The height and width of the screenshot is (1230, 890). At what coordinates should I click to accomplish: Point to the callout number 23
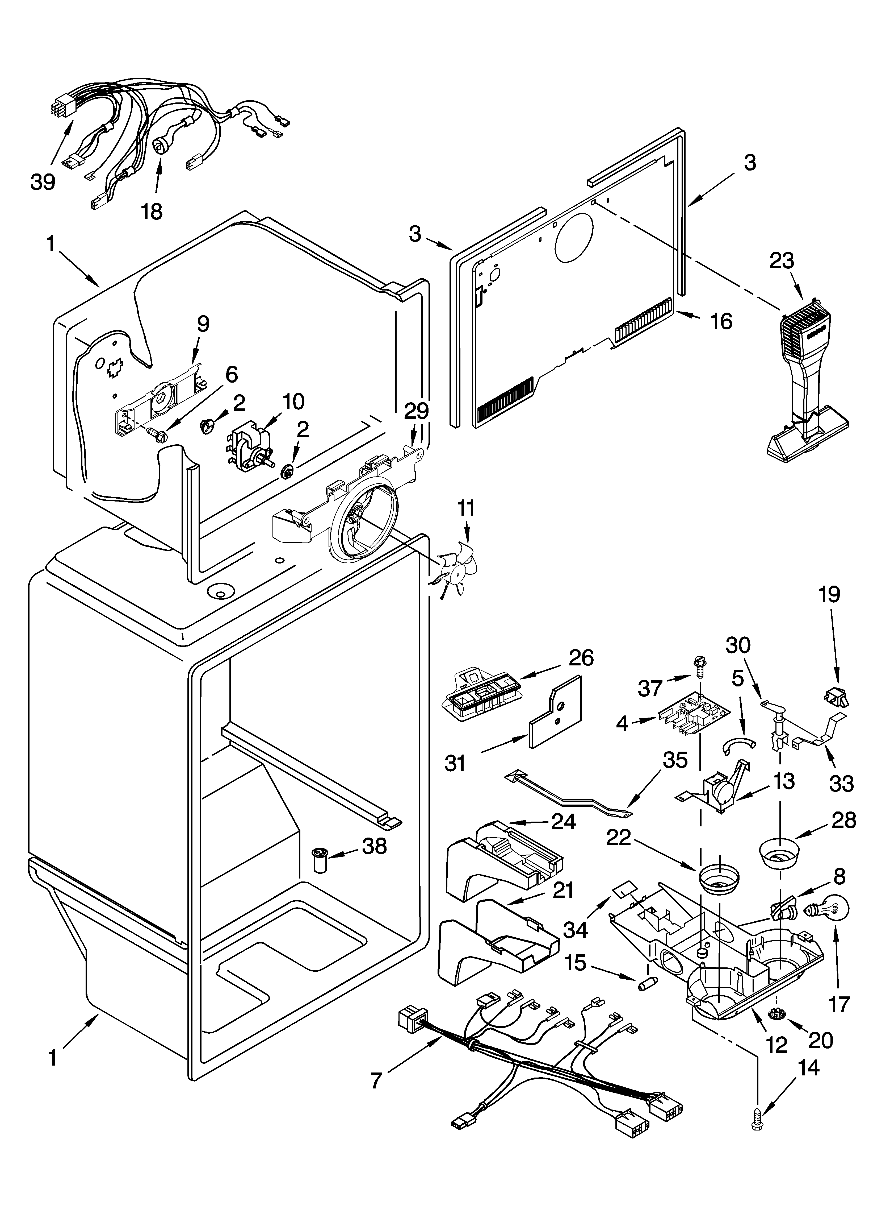781,261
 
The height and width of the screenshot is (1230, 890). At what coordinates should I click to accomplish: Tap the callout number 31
455,764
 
